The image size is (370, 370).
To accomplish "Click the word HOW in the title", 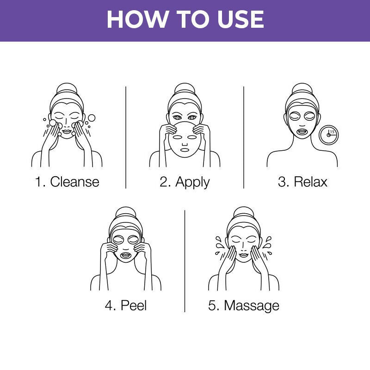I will pyautogui.click(x=135, y=19).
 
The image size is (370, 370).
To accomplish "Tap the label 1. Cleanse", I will pyautogui.click(x=67, y=181).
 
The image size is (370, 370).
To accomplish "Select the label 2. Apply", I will pyautogui.click(x=185, y=181).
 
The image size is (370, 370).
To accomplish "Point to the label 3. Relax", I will pyautogui.click(x=302, y=181).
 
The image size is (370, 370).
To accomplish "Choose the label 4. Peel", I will pyautogui.click(x=126, y=305).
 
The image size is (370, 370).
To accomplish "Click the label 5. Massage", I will pyautogui.click(x=244, y=305).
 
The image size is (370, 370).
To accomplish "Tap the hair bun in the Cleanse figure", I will pyautogui.click(x=67, y=89).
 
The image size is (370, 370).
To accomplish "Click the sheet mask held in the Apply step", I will pyautogui.click(x=185, y=141).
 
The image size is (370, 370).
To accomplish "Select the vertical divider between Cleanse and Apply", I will pyautogui.click(x=126, y=136).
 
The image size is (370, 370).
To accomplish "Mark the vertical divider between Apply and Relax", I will pyautogui.click(x=244, y=136).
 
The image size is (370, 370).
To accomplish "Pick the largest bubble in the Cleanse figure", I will pyautogui.click(x=92, y=118).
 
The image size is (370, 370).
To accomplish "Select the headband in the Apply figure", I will pyautogui.click(x=185, y=99).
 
